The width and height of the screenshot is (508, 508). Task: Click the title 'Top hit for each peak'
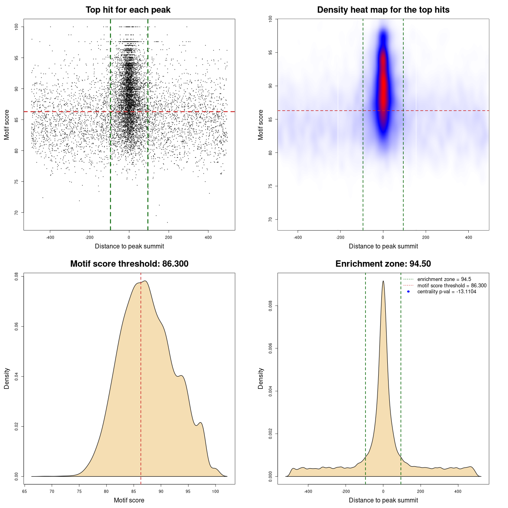coord(128,10)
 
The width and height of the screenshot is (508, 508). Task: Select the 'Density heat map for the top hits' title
coord(383,10)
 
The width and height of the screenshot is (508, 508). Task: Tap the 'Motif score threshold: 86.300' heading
coord(129,264)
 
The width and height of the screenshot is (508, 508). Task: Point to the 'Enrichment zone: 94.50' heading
coord(383,264)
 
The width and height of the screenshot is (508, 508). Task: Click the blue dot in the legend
coord(408,292)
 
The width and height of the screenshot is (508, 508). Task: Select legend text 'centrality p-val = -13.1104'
coord(446,292)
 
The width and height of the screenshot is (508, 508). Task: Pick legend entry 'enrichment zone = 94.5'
coord(444,279)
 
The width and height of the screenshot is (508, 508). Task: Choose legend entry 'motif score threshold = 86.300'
coord(452,286)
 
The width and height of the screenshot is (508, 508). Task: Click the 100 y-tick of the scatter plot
coord(16,27)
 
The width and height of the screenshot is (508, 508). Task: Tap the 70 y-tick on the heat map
coord(270,219)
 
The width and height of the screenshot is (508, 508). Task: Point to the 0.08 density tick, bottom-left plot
coord(16,276)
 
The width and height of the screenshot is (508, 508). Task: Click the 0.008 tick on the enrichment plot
coord(270,306)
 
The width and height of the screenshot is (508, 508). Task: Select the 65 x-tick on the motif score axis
coord(25,491)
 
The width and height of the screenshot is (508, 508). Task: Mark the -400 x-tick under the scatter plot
coord(50,237)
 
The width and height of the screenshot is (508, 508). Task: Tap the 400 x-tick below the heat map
coord(468,237)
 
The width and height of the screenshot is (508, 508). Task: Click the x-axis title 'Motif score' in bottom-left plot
coord(129,500)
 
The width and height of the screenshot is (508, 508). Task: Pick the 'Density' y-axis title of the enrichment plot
coord(261,378)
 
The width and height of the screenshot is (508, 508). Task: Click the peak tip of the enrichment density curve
coord(383,281)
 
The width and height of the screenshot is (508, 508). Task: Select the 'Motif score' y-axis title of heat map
coord(261,125)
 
